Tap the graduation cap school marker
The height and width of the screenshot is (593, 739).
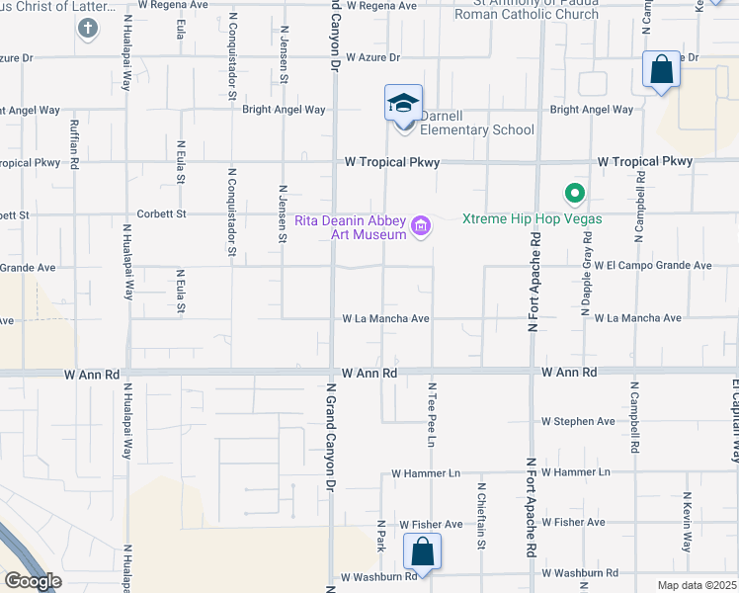click(403, 104)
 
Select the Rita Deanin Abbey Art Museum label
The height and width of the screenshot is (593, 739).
click(351, 227)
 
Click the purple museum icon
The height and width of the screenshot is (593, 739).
click(422, 227)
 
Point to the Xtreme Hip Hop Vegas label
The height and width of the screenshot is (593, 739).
click(531, 218)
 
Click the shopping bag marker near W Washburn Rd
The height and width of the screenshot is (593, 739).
click(423, 552)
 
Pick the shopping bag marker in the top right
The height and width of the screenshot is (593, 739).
click(661, 71)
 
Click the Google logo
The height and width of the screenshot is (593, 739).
click(32, 581)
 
